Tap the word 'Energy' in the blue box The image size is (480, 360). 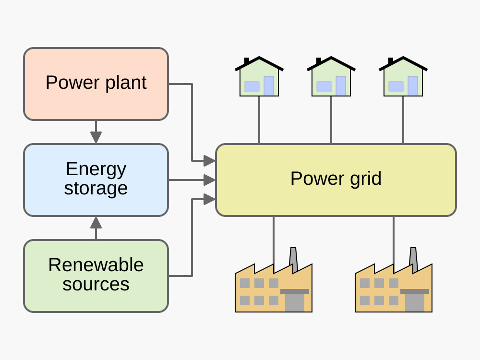click(96, 169)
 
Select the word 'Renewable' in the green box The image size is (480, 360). click(96, 265)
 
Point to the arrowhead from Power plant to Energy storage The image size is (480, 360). click(96, 138)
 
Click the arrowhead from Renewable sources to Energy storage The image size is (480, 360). click(96, 222)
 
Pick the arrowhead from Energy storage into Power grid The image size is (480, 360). click(209, 180)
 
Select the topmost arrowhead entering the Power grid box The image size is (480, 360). click(209, 161)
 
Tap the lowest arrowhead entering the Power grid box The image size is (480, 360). click(209, 199)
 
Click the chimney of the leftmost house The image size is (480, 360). click(247, 61)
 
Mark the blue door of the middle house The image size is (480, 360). click(341, 86)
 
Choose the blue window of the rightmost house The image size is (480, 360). click(396, 86)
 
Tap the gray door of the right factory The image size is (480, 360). click(415, 303)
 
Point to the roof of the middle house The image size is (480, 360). click(331, 63)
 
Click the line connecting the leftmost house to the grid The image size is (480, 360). click(259, 120)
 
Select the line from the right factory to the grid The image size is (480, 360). click(394, 240)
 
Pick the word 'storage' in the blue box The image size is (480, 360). click(96, 188)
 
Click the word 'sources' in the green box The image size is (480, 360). click(96, 284)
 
